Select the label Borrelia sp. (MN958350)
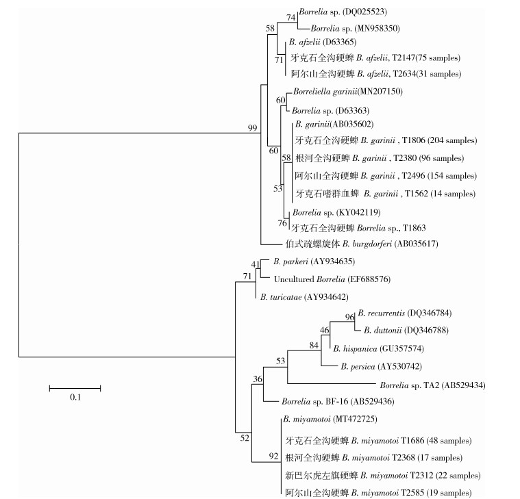click(x=355, y=28)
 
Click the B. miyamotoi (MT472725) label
click(x=325, y=419)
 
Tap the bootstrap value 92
click(x=273, y=457)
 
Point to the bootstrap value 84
click(x=313, y=346)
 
